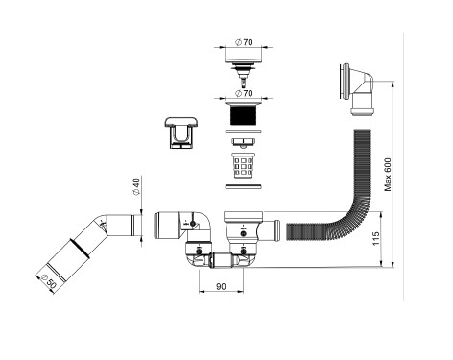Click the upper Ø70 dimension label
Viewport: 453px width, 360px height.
pyautogui.click(x=244, y=42)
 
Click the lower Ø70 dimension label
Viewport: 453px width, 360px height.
pyautogui.click(x=244, y=93)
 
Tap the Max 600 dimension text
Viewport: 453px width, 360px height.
pyautogui.click(x=388, y=175)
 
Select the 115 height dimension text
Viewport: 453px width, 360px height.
pyautogui.click(x=376, y=239)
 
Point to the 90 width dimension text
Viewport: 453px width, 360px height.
pyautogui.click(x=221, y=286)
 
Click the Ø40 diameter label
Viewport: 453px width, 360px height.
pyautogui.click(x=136, y=187)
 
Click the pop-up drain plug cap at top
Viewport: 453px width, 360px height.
pyautogui.click(x=244, y=72)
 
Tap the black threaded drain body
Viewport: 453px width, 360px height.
pyautogui.click(x=244, y=115)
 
